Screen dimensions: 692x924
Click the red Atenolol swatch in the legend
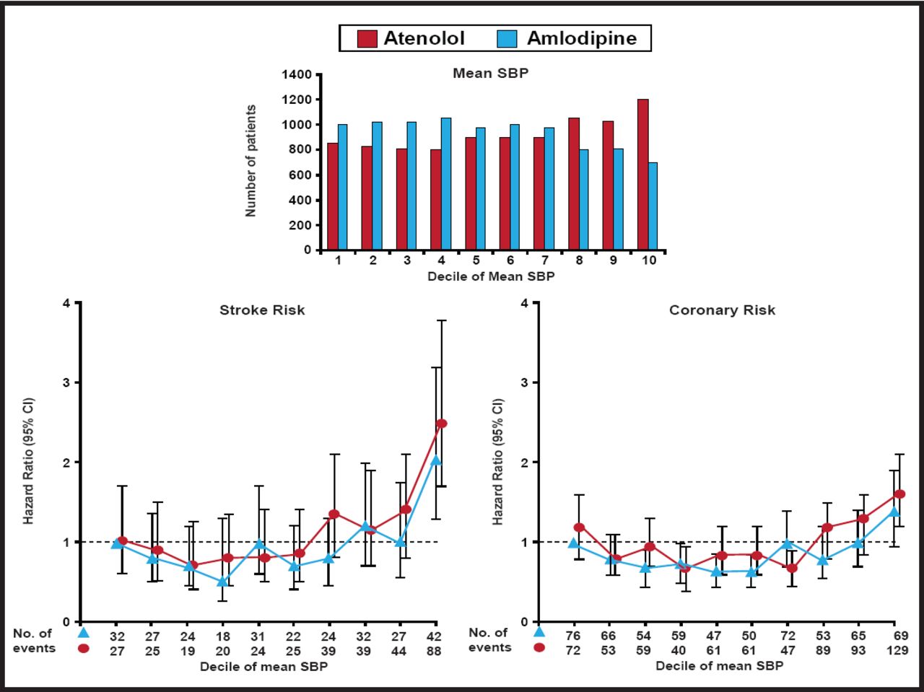point(368,38)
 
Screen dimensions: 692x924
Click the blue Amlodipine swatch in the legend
point(507,38)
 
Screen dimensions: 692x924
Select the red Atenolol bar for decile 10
point(642,175)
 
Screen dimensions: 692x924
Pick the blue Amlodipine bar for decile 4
point(446,184)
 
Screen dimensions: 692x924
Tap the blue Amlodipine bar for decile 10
point(653,206)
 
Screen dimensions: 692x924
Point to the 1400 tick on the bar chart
point(297,74)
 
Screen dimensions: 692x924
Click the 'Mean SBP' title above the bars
point(490,73)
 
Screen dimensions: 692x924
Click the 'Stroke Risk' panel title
point(262,310)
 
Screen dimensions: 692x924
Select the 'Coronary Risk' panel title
point(722,310)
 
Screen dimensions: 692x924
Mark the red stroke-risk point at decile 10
point(442,424)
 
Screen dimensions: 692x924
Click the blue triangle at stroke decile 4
point(223,581)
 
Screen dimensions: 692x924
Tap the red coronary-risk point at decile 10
point(899,494)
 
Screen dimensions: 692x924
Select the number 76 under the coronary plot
point(574,636)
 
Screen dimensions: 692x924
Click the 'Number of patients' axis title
point(250,161)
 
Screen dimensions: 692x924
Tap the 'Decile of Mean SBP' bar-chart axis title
point(491,276)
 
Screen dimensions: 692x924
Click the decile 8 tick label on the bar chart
point(579,260)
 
